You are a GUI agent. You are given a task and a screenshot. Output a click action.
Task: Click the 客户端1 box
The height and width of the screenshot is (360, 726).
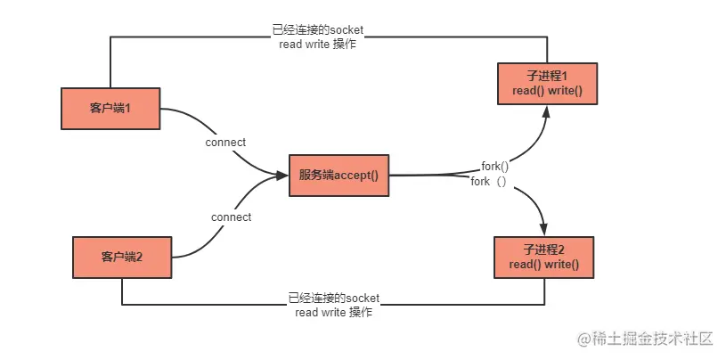pyautogui.click(x=110, y=109)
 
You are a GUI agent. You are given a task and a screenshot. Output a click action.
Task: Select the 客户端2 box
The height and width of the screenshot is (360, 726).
pyautogui.click(x=122, y=258)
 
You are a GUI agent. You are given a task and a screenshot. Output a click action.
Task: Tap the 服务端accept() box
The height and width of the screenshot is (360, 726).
pyautogui.click(x=339, y=176)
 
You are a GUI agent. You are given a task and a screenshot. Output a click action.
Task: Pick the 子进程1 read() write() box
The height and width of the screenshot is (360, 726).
pyautogui.click(x=547, y=84)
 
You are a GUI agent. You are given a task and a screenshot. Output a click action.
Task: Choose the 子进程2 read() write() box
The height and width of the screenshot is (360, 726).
pyautogui.click(x=544, y=258)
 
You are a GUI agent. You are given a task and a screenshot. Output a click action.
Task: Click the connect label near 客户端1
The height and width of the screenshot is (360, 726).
pyautogui.click(x=225, y=143)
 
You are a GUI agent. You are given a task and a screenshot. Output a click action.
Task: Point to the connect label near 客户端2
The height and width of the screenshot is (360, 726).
pyautogui.click(x=231, y=217)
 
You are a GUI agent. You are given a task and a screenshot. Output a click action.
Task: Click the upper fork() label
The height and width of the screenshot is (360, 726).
pyautogui.click(x=495, y=167)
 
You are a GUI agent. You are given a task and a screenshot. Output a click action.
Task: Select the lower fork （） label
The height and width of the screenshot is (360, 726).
pyautogui.click(x=489, y=182)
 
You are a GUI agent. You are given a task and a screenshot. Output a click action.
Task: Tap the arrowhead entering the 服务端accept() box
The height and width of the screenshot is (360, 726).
pyautogui.click(x=282, y=176)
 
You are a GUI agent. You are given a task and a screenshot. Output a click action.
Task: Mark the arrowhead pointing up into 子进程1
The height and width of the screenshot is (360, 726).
pyautogui.click(x=547, y=111)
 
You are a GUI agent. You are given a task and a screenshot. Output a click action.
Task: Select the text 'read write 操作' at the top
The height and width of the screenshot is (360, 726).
pyautogui.click(x=318, y=45)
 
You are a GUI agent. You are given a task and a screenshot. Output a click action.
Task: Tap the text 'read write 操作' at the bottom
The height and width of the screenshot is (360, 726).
pyautogui.click(x=333, y=312)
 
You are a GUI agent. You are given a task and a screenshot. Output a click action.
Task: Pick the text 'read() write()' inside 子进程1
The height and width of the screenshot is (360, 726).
pyautogui.click(x=547, y=91)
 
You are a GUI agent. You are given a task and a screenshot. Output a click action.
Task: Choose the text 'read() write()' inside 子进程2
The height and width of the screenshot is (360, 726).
pyautogui.click(x=544, y=265)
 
